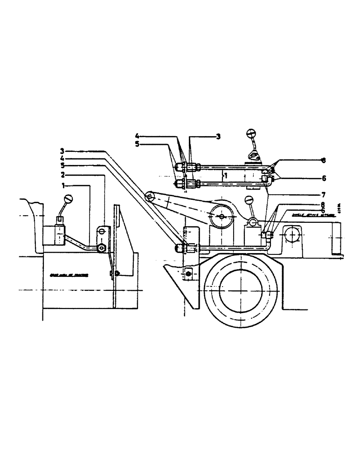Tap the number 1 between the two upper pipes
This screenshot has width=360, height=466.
click(x=225, y=176)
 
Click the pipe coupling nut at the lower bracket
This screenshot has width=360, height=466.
click(x=180, y=248)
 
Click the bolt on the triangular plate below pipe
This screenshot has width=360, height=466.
click(x=188, y=275)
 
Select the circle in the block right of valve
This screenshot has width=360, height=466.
click(x=289, y=234)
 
